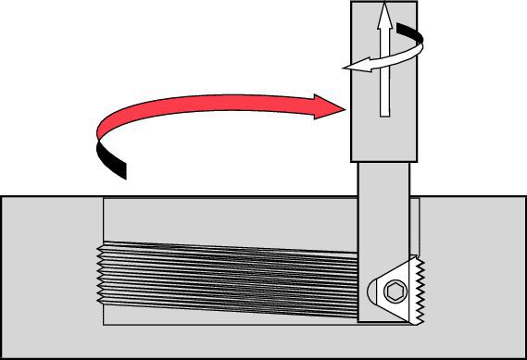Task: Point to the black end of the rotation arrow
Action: [416, 36]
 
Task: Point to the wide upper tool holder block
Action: [383, 81]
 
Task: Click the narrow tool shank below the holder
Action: [383, 213]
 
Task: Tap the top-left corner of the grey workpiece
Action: [2, 196]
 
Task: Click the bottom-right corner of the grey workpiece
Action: [524, 357]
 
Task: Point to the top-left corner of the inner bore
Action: [104, 200]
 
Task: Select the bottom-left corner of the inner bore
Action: [104, 325]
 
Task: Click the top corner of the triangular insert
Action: [410, 258]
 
